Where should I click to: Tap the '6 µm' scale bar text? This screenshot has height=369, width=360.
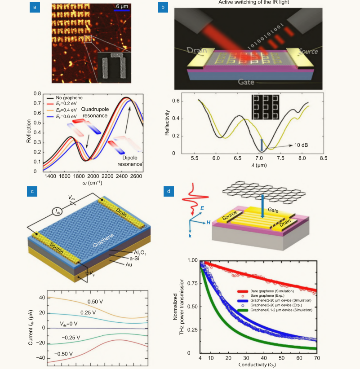pyautogui.click(x=122, y=6)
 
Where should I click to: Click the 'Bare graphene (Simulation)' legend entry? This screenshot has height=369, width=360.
pyautogui.click(x=275, y=291)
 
